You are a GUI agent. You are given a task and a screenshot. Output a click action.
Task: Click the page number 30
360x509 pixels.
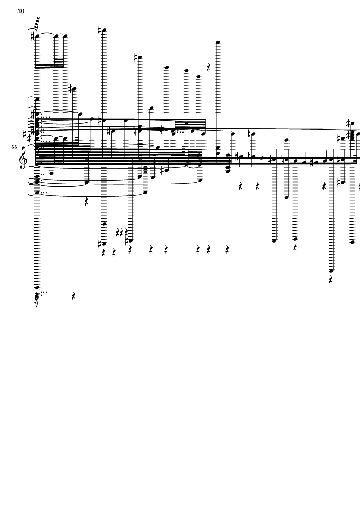point(21,11)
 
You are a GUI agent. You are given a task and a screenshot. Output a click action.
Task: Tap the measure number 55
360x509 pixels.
point(14,147)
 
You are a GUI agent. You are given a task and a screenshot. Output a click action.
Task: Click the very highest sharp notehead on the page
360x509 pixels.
point(104,31)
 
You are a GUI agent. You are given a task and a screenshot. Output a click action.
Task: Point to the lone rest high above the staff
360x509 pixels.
point(209,67)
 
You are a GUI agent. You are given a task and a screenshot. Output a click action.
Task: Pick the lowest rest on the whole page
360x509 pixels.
point(74,296)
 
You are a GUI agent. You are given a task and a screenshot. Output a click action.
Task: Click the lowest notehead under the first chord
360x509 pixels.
point(38,287)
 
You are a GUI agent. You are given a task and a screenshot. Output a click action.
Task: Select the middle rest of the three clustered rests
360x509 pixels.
point(122,232)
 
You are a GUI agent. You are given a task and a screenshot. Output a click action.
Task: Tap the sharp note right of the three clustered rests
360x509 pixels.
point(131,240)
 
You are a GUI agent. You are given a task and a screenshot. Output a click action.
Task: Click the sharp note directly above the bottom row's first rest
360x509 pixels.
point(104,244)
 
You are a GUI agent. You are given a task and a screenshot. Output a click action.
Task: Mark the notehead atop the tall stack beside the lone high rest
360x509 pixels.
point(218,42)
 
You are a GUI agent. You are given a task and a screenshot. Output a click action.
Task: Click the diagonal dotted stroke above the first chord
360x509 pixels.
point(37,24)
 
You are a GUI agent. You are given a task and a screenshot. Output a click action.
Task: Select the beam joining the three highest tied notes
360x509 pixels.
point(50,66)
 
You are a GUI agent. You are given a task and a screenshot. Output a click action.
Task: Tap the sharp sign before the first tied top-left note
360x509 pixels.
point(33,36)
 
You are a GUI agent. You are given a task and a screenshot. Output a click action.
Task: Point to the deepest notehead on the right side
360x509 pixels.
point(331,270)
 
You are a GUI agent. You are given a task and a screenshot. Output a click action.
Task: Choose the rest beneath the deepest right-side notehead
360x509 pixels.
point(331,279)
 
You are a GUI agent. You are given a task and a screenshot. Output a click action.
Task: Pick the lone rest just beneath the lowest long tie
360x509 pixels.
point(86,202)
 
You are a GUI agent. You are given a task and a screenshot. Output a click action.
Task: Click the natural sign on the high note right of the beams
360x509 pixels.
point(250,134)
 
